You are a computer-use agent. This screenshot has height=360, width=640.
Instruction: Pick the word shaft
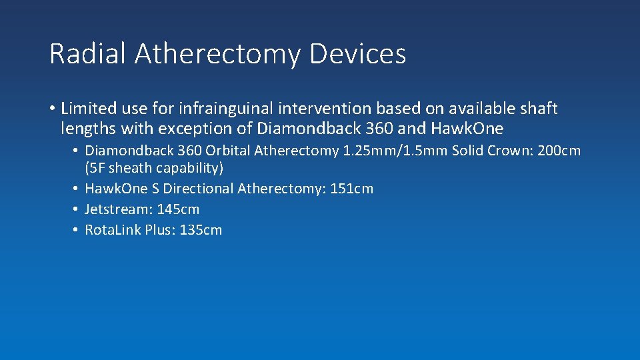[x=539, y=108]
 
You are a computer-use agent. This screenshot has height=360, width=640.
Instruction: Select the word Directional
[x=199, y=189]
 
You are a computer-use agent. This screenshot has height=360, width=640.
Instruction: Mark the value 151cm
[x=352, y=189]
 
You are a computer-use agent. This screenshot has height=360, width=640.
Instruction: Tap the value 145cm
[x=178, y=209]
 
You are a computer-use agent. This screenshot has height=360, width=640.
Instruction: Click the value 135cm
[x=201, y=230]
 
